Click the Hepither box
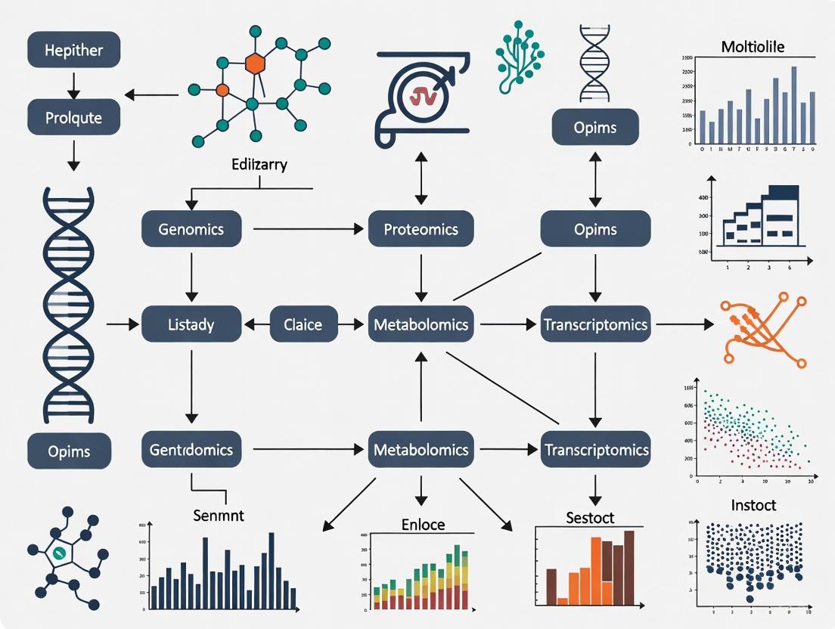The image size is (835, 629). [x=73, y=51]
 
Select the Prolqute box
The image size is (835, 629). [x=73, y=118]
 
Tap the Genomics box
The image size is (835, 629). [x=191, y=229]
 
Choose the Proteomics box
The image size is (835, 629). [x=421, y=229]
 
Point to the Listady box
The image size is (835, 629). [x=191, y=325]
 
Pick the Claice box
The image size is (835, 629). [x=303, y=325]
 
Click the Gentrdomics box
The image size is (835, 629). [x=191, y=450]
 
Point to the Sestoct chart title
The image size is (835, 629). [x=590, y=518]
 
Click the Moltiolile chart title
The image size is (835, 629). [x=753, y=47]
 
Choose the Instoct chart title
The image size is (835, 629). [x=753, y=505]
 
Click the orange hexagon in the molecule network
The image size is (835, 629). [x=256, y=64]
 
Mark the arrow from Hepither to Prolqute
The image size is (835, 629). [x=73, y=85]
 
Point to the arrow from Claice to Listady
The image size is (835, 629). [x=256, y=325]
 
